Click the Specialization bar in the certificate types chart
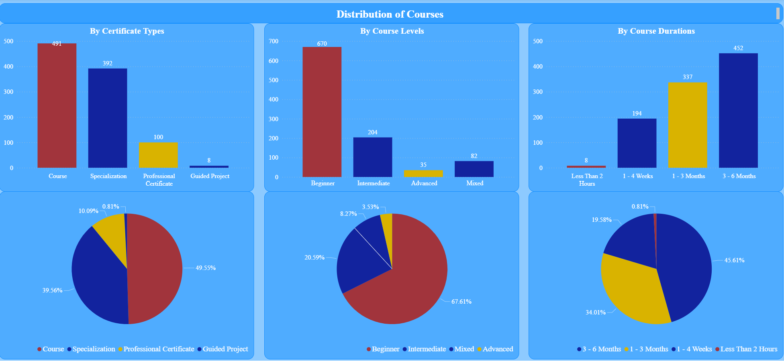[x=108, y=118]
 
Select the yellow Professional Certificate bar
[x=158, y=155]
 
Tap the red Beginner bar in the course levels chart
[x=322, y=112]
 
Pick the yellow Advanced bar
[x=423, y=173]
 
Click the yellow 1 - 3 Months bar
[x=688, y=125]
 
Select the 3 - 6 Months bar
[x=738, y=110]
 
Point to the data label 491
[x=57, y=44]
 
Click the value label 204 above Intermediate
[x=373, y=132]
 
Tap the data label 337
[x=688, y=77]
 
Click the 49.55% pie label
[x=206, y=268]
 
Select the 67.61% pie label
[x=461, y=302]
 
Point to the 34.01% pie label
[x=596, y=312]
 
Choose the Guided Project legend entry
[x=225, y=349]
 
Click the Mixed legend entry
[x=464, y=349]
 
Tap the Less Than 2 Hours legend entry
[x=749, y=349]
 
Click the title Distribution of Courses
[x=390, y=14]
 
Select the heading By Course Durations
[x=656, y=31]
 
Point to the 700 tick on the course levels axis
[x=274, y=41]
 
